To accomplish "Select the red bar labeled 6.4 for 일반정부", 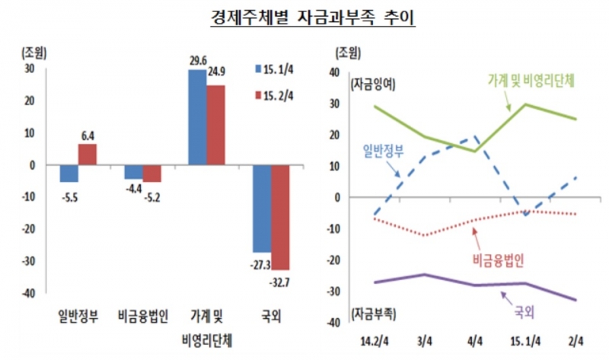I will tap(88, 155).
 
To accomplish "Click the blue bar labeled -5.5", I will tap(69, 173).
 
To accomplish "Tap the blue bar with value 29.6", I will tap(197, 117).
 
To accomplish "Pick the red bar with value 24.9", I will tap(215, 125).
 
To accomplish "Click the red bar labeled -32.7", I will tap(280, 217).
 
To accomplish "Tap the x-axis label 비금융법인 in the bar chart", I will tap(144, 314).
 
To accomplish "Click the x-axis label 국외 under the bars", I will tap(272, 314).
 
